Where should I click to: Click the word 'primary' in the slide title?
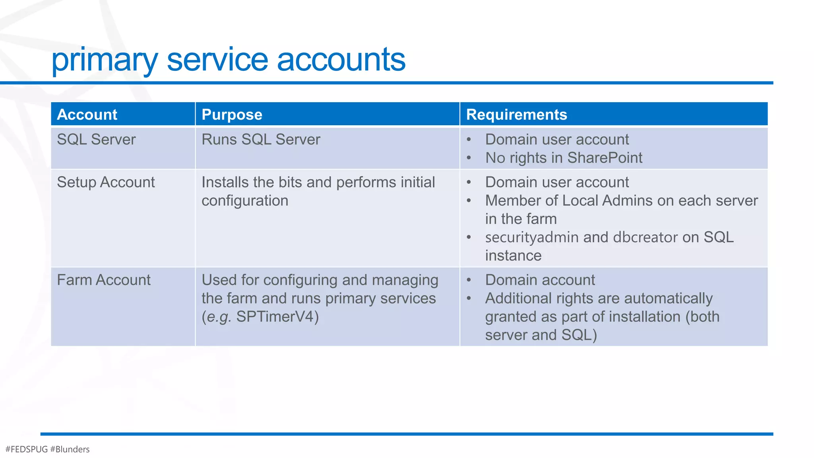pos(105,60)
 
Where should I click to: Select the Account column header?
pos(87,114)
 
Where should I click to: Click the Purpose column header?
pos(232,114)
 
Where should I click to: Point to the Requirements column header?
pos(516,114)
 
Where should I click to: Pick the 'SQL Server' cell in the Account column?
pos(96,140)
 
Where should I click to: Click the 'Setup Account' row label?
pos(106,182)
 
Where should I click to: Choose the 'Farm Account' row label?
pos(104,280)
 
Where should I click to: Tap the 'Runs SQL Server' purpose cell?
pos(261,140)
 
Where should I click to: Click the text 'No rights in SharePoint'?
pos(564,158)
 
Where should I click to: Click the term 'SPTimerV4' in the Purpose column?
pos(277,317)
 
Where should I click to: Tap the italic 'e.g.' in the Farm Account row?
pos(219,317)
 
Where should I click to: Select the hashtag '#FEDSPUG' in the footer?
pos(27,449)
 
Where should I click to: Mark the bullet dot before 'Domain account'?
pos(469,280)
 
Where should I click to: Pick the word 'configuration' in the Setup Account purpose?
pos(245,201)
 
